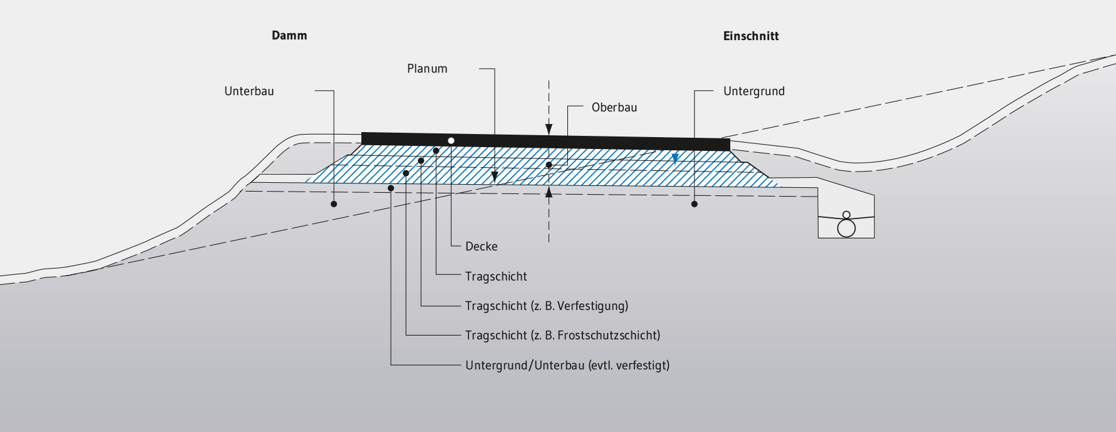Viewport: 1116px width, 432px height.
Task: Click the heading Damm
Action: (x=289, y=36)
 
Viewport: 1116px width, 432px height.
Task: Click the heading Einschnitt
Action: (x=751, y=36)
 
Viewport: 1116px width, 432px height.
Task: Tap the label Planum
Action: (x=427, y=69)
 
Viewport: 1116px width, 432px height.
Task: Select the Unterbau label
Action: (x=249, y=91)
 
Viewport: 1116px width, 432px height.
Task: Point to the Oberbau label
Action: (x=614, y=108)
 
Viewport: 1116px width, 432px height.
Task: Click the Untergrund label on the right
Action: (x=754, y=91)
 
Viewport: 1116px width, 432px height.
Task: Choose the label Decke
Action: (x=482, y=247)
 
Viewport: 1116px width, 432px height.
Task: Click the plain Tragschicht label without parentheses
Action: (x=496, y=277)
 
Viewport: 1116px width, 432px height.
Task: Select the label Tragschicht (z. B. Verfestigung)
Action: (x=547, y=306)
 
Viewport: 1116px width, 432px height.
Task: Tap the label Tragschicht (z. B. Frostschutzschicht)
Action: (x=562, y=336)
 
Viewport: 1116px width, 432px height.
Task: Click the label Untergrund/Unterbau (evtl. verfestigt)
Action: (x=567, y=366)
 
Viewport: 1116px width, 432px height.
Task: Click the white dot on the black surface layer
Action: (x=451, y=140)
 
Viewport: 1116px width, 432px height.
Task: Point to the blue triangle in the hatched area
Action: (x=675, y=158)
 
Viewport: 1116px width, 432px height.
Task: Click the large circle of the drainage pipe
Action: (x=846, y=229)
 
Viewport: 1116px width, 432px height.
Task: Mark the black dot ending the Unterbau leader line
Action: (x=334, y=204)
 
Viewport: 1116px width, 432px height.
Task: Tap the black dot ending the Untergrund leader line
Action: (x=695, y=204)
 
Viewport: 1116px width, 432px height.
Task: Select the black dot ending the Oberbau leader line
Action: (x=549, y=165)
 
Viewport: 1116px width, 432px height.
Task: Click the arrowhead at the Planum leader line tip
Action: (x=495, y=177)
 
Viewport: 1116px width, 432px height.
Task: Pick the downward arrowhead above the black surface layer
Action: (x=549, y=130)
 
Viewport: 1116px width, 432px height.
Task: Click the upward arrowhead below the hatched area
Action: (x=549, y=192)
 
